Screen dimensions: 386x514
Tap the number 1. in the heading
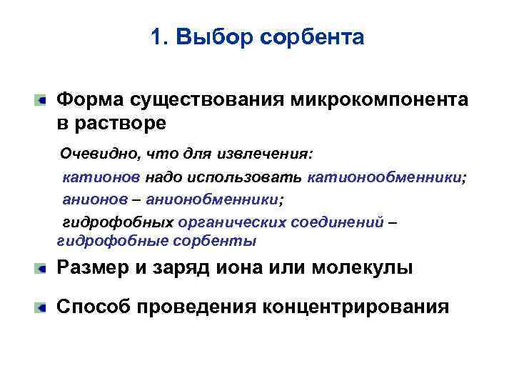pyautogui.click(x=159, y=37)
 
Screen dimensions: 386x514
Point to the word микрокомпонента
pyautogui.click(x=379, y=99)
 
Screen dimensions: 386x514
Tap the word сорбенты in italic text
pyautogui.click(x=213, y=241)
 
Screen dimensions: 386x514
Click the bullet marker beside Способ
pyautogui.click(x=43, y=307)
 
